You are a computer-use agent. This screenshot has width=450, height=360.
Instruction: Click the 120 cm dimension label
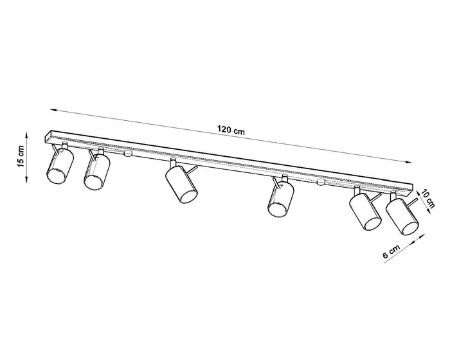pos(231,130)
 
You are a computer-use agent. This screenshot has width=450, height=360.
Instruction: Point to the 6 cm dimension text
pos(391,251)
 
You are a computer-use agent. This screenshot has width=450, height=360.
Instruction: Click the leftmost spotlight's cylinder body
pos(60,166)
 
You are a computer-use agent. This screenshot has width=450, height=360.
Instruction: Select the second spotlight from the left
pos(96,172)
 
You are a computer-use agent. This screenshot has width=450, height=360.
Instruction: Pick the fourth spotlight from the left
pos(281,199)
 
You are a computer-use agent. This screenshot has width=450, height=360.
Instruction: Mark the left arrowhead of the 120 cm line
pos(53,110)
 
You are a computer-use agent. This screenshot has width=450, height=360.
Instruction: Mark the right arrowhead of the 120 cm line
pos(409,162)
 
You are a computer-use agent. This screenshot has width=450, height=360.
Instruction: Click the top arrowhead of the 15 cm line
pos(27,135)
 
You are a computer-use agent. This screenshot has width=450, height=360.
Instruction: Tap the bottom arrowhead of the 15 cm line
pos(27,180)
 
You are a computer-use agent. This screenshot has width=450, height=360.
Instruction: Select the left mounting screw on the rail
pos(128,153)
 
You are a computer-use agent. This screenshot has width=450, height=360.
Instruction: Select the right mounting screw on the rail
pos(321,182)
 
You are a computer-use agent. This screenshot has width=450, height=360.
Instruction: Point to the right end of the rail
pos(412,190)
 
